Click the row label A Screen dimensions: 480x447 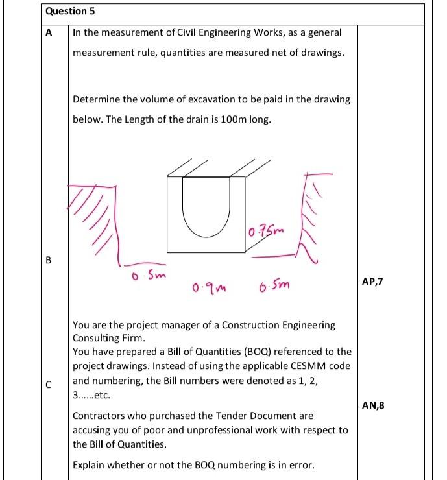coord(49,32)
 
